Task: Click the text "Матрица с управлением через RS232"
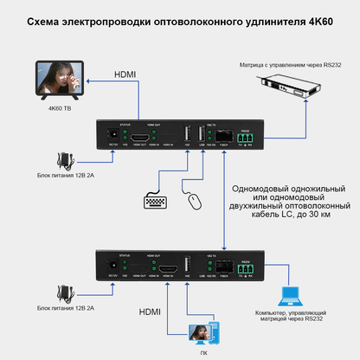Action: point(285,64)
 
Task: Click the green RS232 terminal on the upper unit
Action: point(246,137)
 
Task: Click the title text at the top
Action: point(179,19)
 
